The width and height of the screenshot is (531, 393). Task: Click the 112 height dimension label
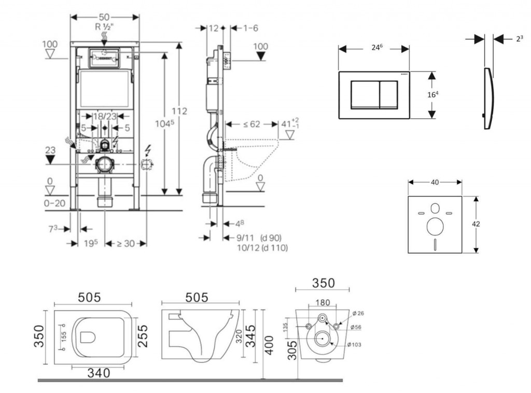(x=179, y=111)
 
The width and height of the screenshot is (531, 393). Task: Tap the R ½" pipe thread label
(x=104, y=26)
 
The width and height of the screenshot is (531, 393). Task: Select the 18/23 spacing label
(x=105, y=117)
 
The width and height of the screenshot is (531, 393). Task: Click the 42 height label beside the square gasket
(x=476, y=224)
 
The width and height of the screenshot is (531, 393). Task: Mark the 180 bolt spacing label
(x=323, y=303)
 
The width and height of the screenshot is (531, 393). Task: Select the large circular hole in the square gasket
(x=435, y=227)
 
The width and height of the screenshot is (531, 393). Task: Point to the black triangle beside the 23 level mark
(x=50, y=160)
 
